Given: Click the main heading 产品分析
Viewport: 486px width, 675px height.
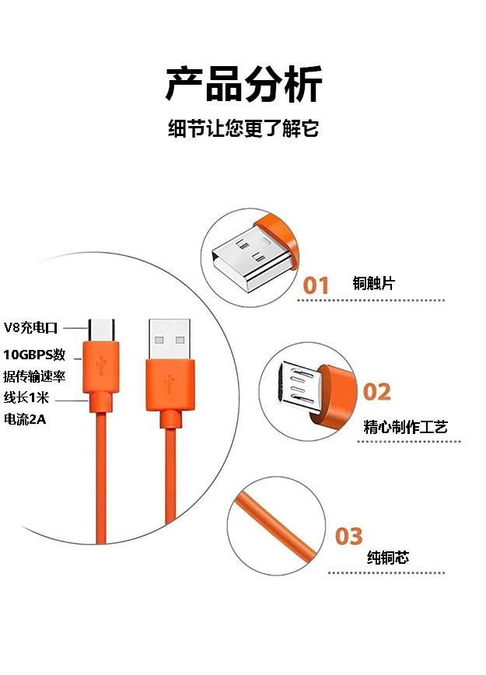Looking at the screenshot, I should click(243, 84).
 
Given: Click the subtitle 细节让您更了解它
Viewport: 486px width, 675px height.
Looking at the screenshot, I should click(243, 128).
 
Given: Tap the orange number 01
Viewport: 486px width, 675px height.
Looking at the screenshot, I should click(316, 285).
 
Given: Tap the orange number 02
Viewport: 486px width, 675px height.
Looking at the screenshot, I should click(376, 391).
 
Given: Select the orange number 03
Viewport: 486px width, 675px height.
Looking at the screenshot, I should click(349, 536).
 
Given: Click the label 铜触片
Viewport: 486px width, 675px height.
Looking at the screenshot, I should click(373, 284).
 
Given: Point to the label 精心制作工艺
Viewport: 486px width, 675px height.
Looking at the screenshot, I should click(405, 427).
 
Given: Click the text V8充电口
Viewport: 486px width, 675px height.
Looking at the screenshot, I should click(31, 327).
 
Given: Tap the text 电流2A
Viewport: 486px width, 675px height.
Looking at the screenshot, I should click(26, 419).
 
